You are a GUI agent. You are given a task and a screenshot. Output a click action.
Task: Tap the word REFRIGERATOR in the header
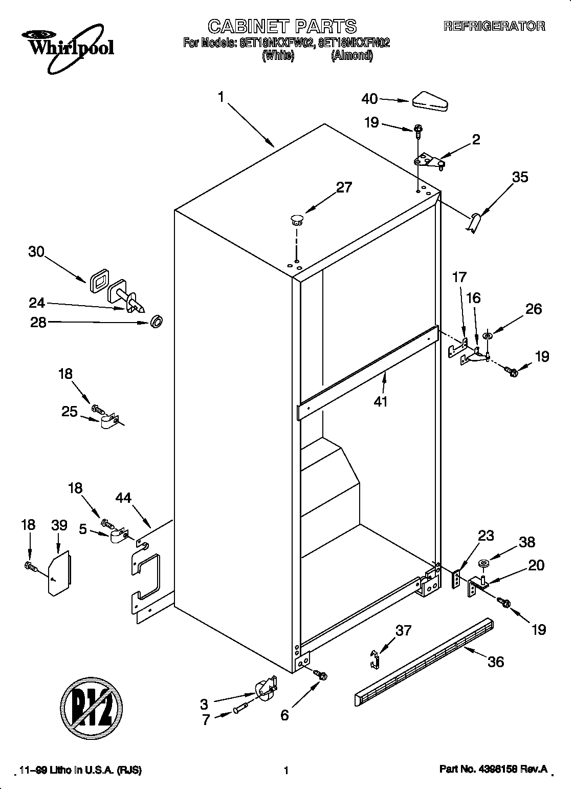[x=494, y=26]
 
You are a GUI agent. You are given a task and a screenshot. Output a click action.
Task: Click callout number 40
[x=369, y=99]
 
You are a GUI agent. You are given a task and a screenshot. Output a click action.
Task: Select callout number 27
[x=344, y=187]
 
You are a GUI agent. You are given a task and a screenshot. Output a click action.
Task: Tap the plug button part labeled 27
[x=296, y=221]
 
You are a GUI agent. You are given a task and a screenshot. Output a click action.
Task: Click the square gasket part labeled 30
[x=98, y=282]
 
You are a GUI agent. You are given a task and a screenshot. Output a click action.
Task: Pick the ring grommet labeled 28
[x=157, y=323]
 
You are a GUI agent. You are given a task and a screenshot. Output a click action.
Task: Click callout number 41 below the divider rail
[x=380, y=401]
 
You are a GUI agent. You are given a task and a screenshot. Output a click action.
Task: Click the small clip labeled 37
[x=375, y=658]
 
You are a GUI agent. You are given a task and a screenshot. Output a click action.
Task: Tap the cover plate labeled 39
[x=59, y=573]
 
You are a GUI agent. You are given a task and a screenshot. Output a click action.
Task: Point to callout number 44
[x=124, y=498]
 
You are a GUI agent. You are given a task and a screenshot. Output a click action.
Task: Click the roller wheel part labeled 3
[x=265, y=690]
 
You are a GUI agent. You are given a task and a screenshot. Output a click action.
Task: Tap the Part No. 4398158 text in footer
[x=493, y=770]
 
